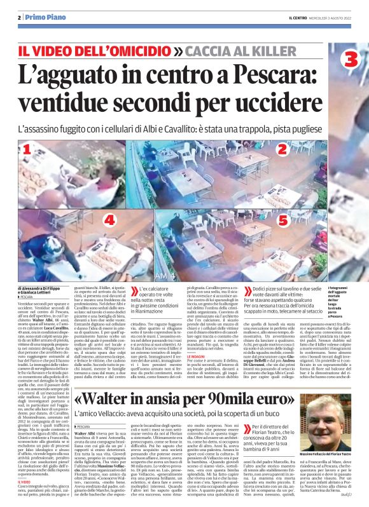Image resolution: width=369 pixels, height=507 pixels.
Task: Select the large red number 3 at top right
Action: click(x=351, y=60)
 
